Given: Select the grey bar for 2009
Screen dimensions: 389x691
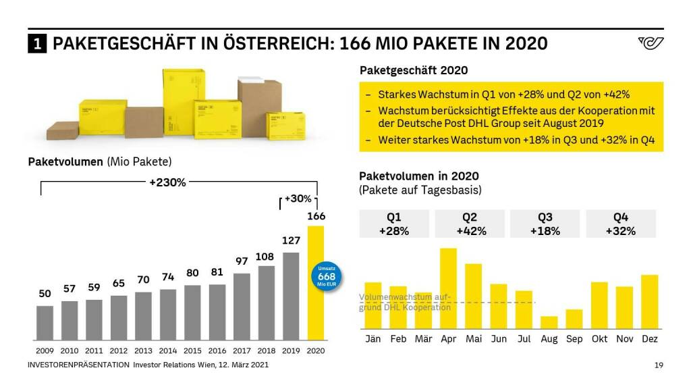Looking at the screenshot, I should (x=45, y=323).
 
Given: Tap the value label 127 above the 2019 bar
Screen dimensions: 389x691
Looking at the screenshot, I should (x=291, y=240).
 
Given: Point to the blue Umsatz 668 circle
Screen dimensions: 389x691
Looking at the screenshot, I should (x=327, y=276).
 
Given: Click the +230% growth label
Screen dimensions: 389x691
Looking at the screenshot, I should (x=167, y=182).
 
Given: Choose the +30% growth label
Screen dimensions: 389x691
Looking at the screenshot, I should (x=298, y=199).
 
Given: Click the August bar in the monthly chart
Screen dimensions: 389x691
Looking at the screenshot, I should (x=549, y=322).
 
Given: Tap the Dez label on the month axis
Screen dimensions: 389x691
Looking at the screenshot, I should (x=649, y=338).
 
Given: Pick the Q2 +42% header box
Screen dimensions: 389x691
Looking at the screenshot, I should (x=472, y=224).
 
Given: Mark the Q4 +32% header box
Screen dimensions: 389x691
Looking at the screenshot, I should (x=621, y=224).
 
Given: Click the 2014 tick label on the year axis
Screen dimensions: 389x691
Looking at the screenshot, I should (x=168, y=351).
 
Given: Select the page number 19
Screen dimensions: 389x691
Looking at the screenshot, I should (x=659, y=365).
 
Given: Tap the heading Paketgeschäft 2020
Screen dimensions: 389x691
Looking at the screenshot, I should (x=414, y=70).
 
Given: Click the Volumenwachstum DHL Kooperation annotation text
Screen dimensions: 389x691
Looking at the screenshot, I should (x=405, y=302).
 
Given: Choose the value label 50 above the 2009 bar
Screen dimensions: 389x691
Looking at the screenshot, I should (x=45, y=294).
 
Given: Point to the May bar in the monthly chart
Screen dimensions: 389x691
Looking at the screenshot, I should (x=473, y=296).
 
